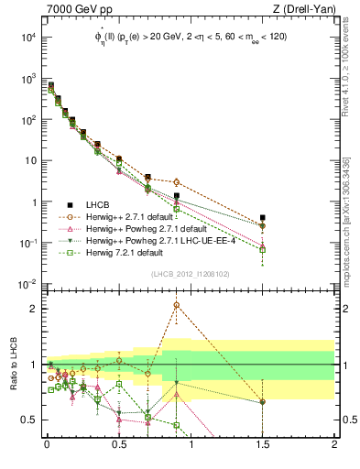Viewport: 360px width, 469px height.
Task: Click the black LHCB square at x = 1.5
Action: click(x=263, y=218)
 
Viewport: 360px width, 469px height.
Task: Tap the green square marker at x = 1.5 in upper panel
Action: click(x=263, y=249)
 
